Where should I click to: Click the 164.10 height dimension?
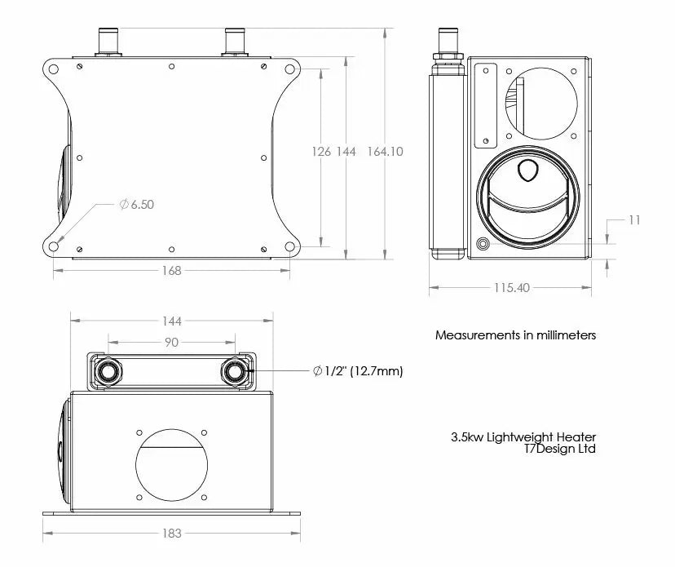[x=385, y=152]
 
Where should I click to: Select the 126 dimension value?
[x=321, y=152]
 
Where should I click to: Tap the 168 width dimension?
[x=171, y=271]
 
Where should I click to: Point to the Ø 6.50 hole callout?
[x=136, y=204]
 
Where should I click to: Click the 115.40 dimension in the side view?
[x=511, y=288]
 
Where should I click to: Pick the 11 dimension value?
[x=634, y=220]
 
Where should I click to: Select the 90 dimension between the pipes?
[x=171, y=342]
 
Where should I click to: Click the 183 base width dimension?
[x=171, y=534]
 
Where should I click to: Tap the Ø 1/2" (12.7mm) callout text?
[x=358, y=371]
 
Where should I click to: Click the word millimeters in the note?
[x=566, y=335]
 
